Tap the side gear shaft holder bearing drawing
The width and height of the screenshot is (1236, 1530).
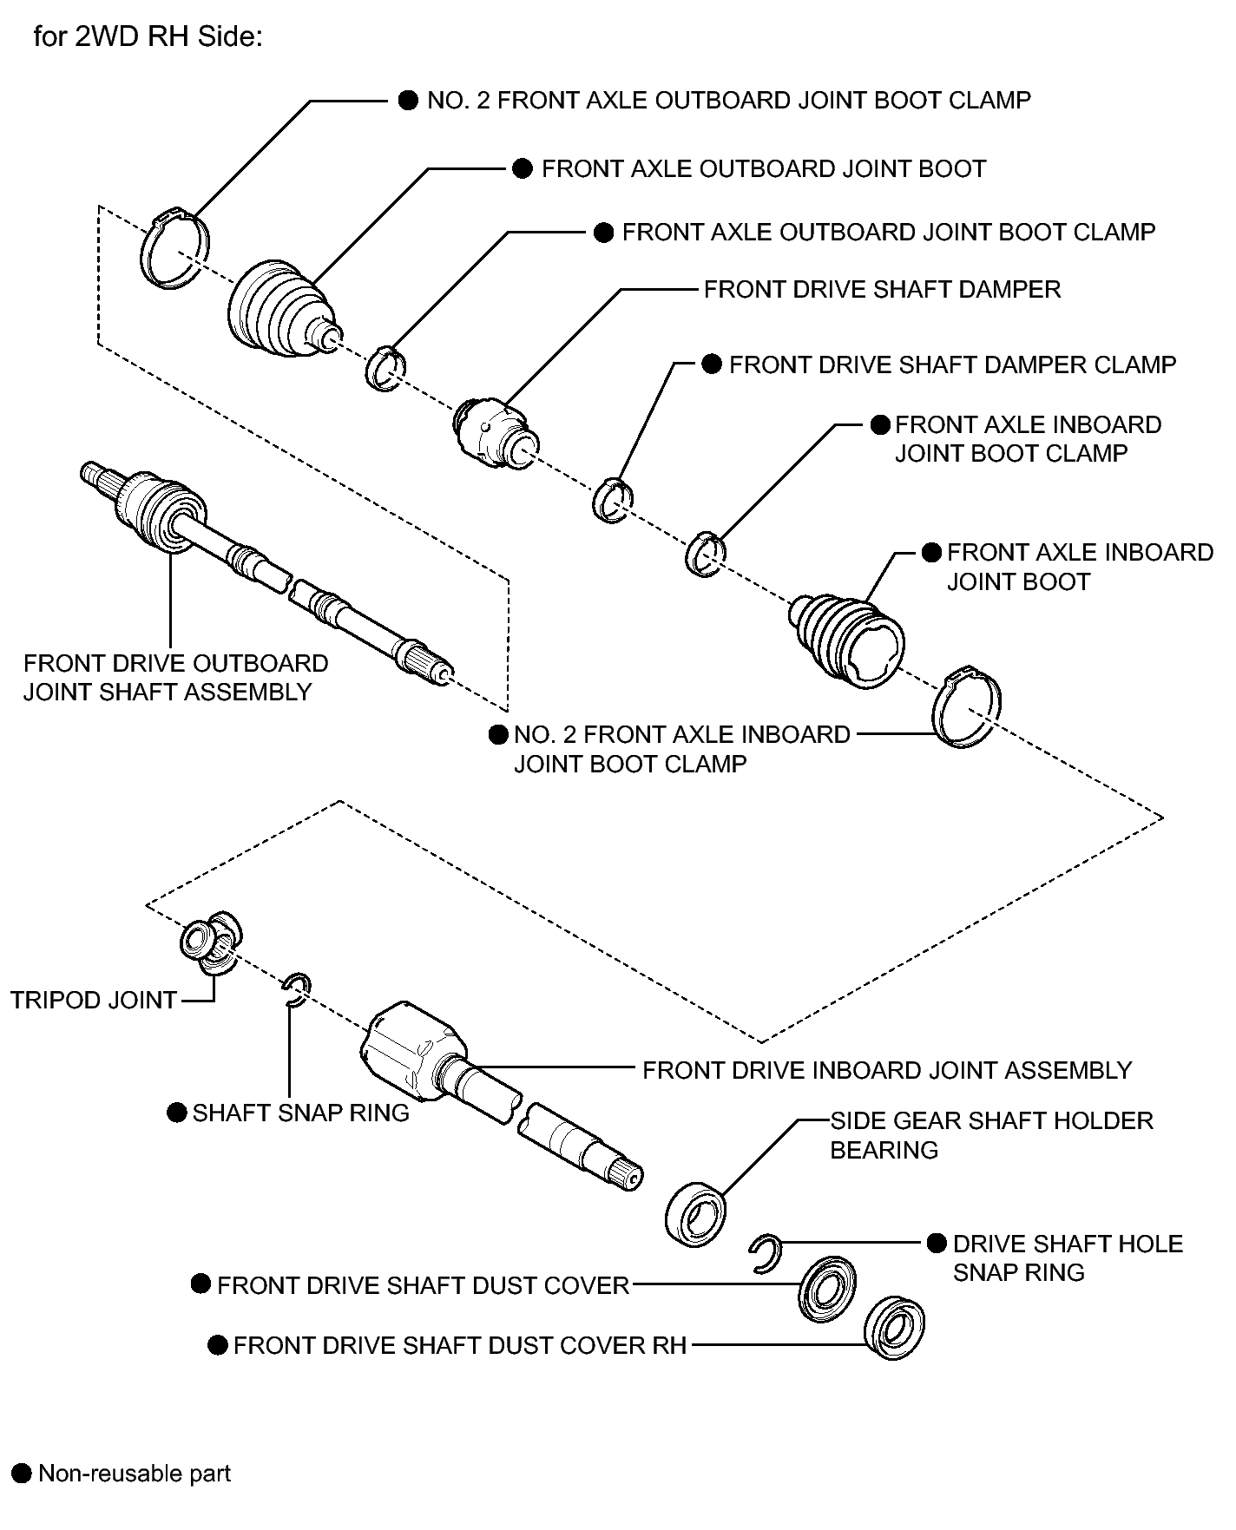tap(696, 1212)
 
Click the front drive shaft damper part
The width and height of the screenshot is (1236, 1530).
tap(491, 430)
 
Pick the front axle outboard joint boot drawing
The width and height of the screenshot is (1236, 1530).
tap(283, 308)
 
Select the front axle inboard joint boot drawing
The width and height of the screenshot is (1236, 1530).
tap(848, 638)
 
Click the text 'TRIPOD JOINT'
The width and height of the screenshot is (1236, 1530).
tap(94, 1000)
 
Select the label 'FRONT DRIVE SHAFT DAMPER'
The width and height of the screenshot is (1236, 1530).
tap(882, 289)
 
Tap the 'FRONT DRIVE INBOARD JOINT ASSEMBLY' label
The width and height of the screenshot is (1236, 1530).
tap(887, 1070)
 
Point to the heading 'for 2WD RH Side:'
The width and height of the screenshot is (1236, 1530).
tap(148, 38)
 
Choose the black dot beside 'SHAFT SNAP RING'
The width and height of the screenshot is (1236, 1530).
tap(177, 1113)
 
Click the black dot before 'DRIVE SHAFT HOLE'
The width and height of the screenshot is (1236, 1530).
tap(937, 1243)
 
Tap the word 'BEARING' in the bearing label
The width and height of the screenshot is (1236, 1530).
tap(884, 1150)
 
